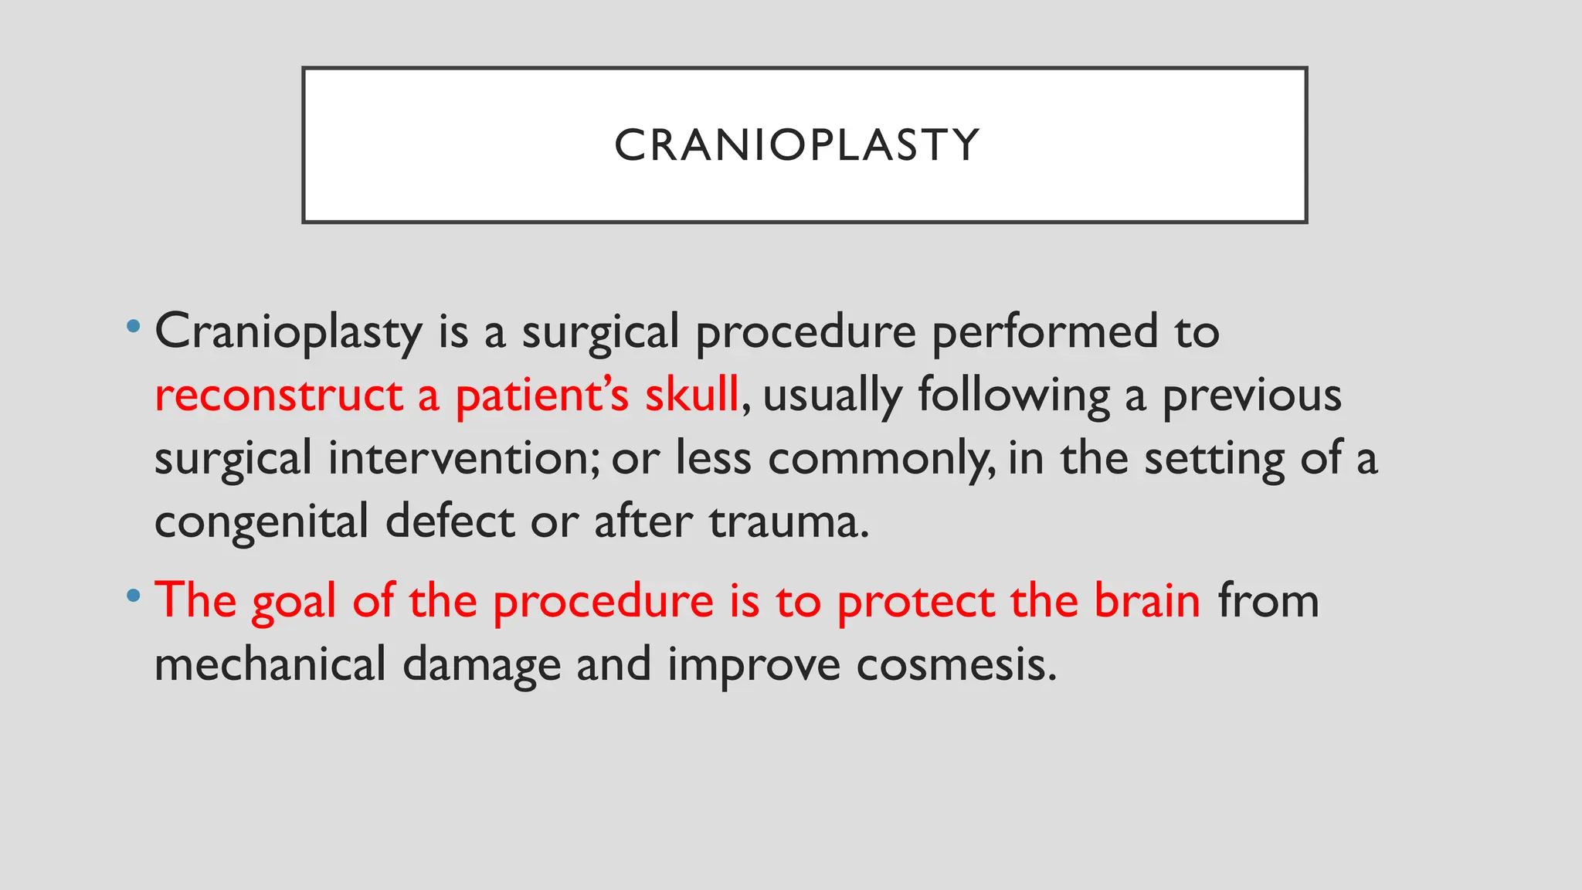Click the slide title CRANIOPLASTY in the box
point(797,145)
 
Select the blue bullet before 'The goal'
point(134,595)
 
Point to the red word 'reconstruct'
point(278,396)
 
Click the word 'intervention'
point(459,458)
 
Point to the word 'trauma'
point(788,522)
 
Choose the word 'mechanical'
point(270,664)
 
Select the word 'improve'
point(753,666)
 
